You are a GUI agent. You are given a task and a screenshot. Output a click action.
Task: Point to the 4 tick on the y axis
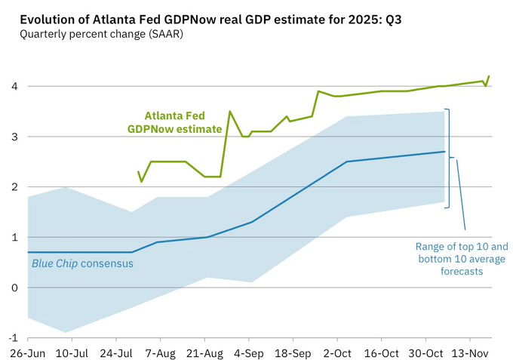click(14, 86)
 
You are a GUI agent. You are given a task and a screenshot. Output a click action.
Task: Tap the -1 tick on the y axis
click(11, 337)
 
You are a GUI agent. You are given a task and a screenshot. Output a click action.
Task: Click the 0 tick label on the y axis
click(14, 288)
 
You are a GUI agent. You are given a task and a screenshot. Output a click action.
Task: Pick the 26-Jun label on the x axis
click(28, 352)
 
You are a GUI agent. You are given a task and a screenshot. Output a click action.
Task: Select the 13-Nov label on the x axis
click(467, 352)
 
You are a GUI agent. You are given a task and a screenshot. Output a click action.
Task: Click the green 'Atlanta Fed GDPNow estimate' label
click(183, 122)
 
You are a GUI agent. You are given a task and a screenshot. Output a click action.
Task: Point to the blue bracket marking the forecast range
click(449, 158)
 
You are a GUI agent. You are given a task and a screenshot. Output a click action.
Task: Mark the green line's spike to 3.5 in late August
click(230, 112)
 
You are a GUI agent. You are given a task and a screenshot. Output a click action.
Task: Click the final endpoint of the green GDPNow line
click(489, 75)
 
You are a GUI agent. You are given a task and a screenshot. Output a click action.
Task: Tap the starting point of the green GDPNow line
click(138, 171)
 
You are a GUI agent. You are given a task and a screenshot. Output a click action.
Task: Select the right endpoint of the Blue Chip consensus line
click(444, 152)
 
